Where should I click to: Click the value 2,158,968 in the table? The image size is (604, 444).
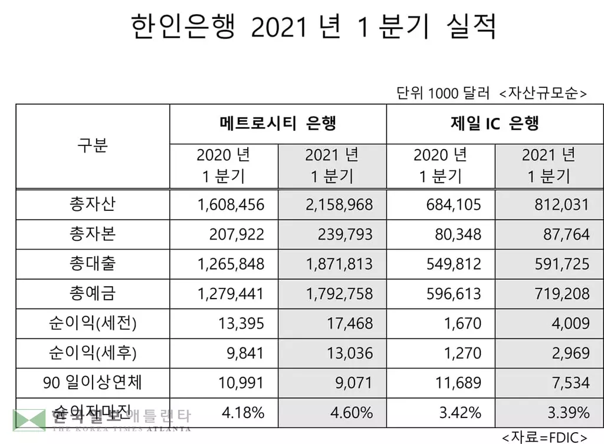tap(339, 204)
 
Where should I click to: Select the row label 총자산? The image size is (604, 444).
tap(93, 204)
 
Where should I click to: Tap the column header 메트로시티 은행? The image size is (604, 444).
tap(278, 124)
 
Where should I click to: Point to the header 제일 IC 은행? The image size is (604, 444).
tap(494, 124)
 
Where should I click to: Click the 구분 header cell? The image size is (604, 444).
tap(93, 145)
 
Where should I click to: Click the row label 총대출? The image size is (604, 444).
tap(93, 264)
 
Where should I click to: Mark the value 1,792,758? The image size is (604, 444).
tap(339, 293)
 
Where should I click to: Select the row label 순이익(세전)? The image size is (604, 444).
tap(93, 323)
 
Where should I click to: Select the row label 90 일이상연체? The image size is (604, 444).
tap(93, 383)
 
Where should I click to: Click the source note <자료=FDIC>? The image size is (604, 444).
tap(544, 437)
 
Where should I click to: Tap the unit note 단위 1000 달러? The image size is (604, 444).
tap(443, 94)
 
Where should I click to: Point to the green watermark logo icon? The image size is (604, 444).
tap(29, 420)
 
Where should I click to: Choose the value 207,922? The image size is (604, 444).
tap(237, 234)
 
